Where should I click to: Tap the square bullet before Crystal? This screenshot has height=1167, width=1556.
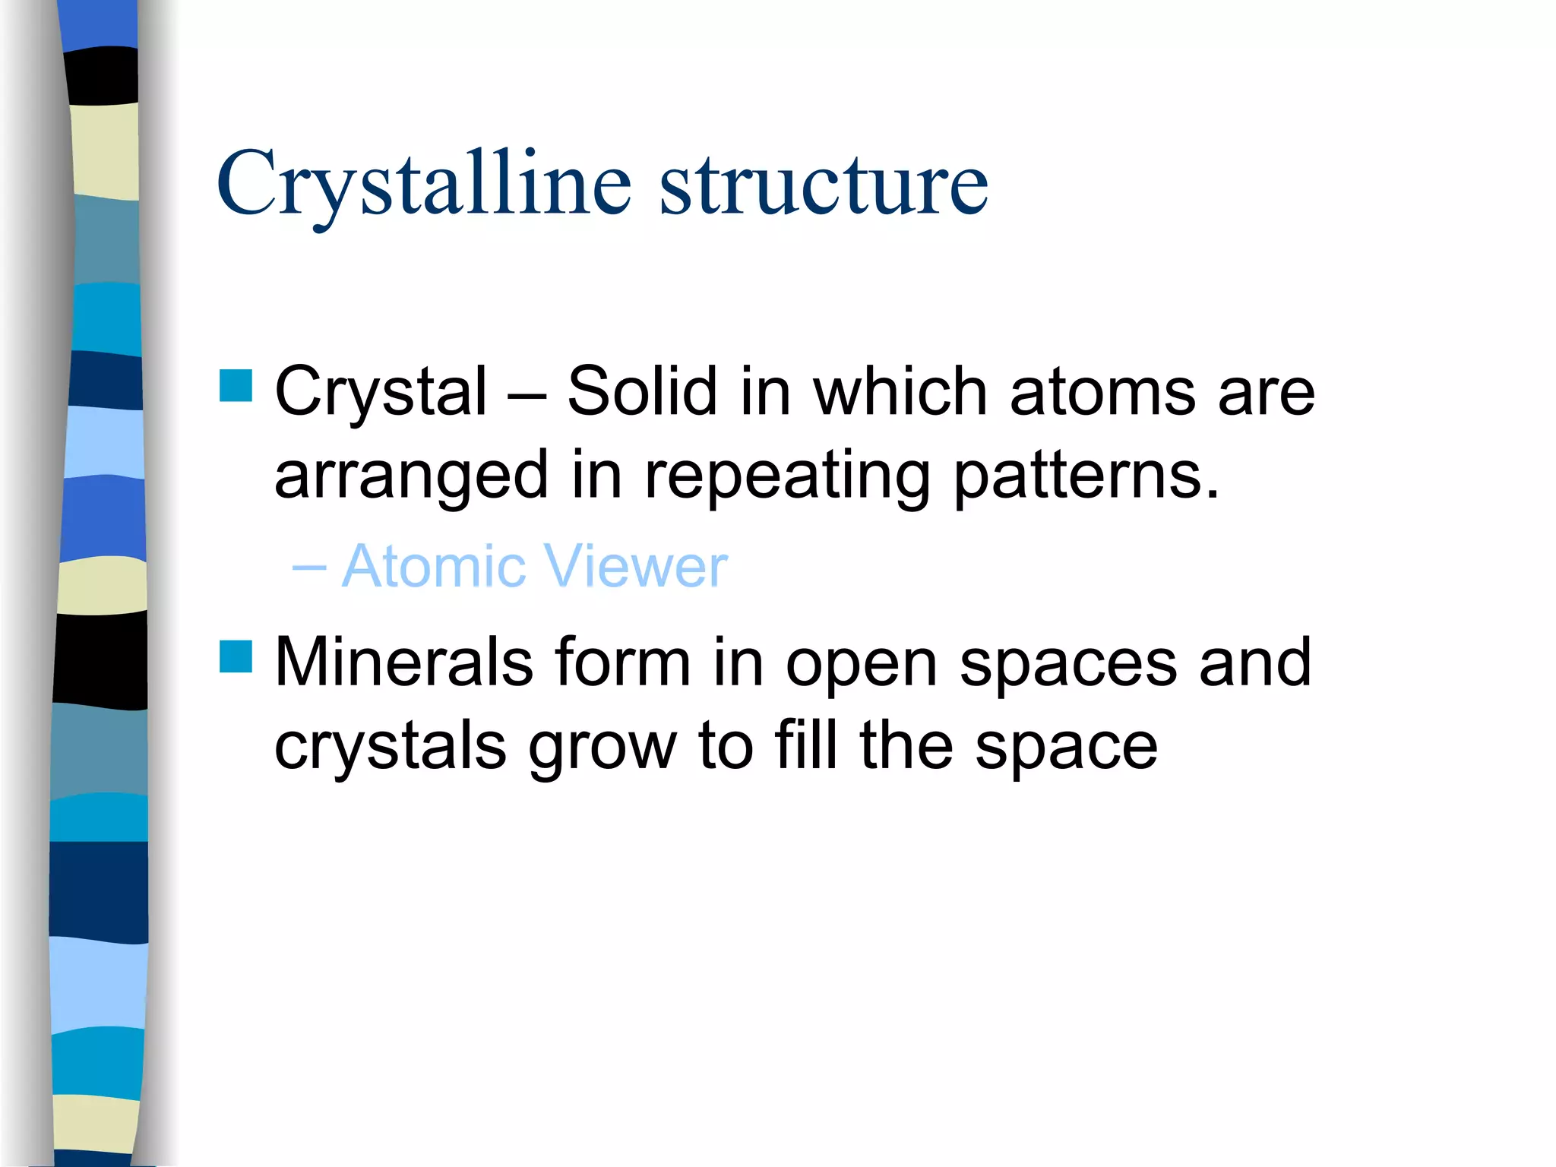(x=236, y=385)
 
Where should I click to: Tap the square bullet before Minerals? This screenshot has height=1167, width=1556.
(x=236, y=656)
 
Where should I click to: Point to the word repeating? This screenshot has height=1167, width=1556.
(x=787, y=476)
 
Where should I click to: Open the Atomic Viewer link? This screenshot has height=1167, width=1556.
(x=535, y=567)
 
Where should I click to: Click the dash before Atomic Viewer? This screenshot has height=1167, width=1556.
(x=308, y=567)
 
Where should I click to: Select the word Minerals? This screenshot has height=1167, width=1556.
(x=403, y=663)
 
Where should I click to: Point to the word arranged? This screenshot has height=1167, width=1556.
(x=411, y=476)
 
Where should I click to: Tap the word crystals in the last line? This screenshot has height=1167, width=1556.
(x=390, y=747)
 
